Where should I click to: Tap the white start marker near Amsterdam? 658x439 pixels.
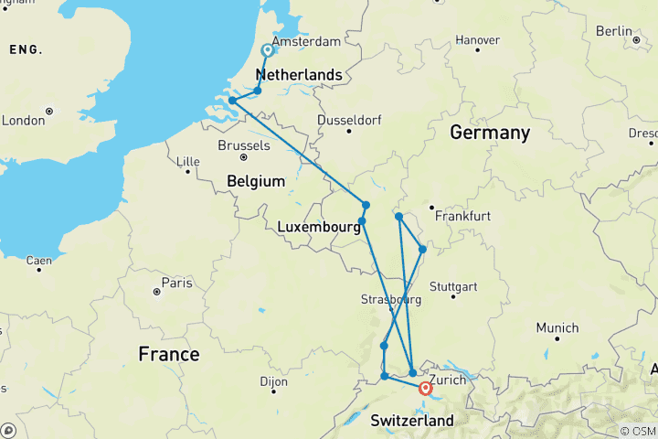(x=268, y=50)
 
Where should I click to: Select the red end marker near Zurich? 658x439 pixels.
(x=425, y=389)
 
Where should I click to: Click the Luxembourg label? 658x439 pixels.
(x=315, y=227)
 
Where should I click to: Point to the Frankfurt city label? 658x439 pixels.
(x=463, y=217)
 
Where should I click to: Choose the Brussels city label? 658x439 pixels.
(x=244, y=145)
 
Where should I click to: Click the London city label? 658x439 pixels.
(x=23, y=121)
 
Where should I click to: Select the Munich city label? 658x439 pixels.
(x=557, y=327)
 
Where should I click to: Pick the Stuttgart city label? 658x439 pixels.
(x=453, y=286)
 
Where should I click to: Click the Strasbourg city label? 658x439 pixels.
(x=391, y=300)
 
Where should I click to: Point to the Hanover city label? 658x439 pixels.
(x=477, y=40)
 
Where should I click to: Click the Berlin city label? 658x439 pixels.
(x=613, y=30)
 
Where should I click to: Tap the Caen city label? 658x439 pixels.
(x=38, y=261)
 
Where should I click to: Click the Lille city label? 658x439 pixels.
(x=187, y=161)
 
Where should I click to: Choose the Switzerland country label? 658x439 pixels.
(x=412, y=421)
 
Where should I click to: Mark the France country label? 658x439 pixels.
(x=168, y=354)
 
